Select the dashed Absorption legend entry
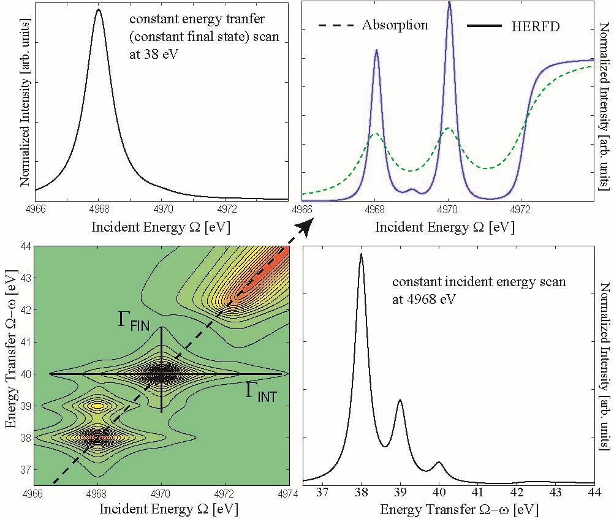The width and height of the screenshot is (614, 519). point(373,25)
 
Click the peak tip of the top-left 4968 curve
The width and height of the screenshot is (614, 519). point(99,9)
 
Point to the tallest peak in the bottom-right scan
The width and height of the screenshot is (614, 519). point(362,254)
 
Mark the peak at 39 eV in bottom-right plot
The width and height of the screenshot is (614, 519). point(400,400)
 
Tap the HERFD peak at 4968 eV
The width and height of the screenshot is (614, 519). point(376,50)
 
